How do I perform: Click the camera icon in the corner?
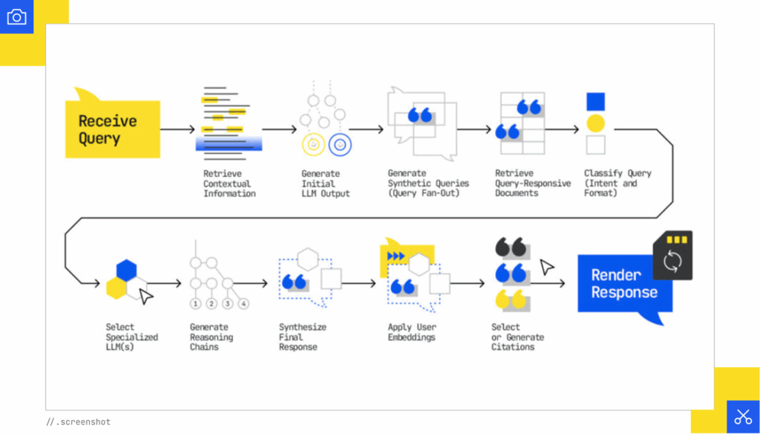(16, 17)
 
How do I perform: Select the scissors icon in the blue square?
(742, 416)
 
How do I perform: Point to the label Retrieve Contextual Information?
(229, 184)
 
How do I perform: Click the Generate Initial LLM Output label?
(325, 184)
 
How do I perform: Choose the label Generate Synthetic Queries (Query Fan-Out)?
(427, 184)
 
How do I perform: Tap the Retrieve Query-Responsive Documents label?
(533, 184)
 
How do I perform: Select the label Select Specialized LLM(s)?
(131, 337)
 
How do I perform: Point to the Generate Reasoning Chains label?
(212, 337)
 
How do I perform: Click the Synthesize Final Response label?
(302, 337)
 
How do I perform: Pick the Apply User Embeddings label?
(412, 332)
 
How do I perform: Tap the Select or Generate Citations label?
(517, 337)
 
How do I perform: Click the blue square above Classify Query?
(595, 102)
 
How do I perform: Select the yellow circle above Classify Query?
(595, 123)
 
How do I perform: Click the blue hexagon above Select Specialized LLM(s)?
(126, 269)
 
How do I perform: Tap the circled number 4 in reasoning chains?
(243, 303)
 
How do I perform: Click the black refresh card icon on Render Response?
(672, 256)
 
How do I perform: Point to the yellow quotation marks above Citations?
(510, 299)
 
